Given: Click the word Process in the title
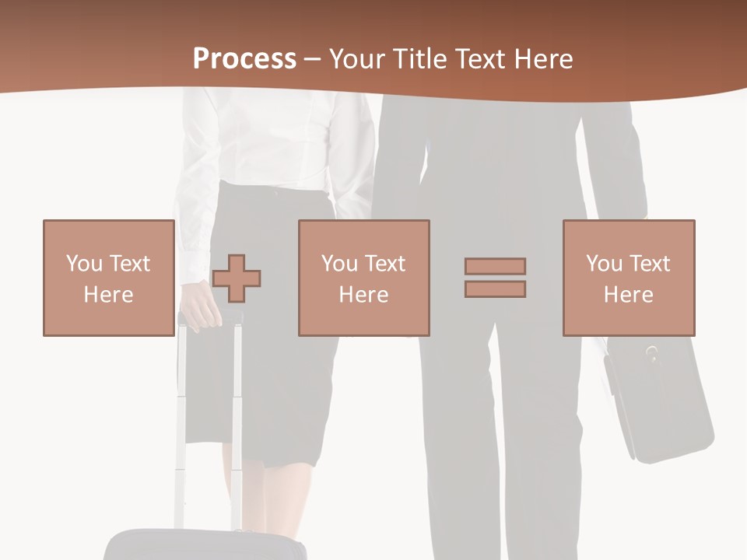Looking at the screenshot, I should click(x=244, y=59).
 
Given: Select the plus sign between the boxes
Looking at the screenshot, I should click(x=237, y=278).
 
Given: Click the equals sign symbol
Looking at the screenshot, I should click(x=495, y=278).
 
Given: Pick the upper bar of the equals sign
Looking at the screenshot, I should click(x=495, y=266).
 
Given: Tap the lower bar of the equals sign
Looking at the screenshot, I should click(x=495, y=289).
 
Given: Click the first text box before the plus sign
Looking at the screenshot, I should click(x=108, y=278).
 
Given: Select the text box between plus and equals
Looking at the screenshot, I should click(x=363, y=278).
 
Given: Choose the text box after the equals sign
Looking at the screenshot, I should click(x=628, y=278).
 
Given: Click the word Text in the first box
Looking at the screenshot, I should click(x=131, y=264).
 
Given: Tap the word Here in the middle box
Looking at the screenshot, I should click(x=363, y=295).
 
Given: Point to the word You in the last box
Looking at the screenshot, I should click(x=603, y=264).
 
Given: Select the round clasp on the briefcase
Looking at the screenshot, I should click(x=652, y=354).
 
